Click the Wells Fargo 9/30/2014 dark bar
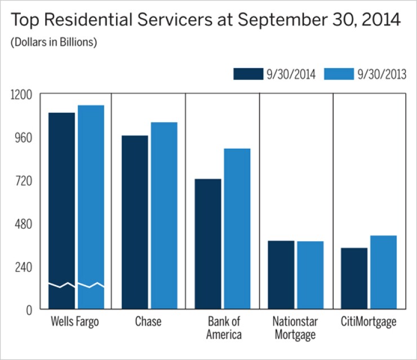tap(61, 197)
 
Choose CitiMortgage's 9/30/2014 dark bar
tap(354, 278)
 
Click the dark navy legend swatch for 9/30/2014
tap(248, 74)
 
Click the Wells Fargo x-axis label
tap(75, 322)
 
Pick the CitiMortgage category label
tap(369, 322)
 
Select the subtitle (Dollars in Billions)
tap(54, 43)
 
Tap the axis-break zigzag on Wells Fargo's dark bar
tap(61, 285)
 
